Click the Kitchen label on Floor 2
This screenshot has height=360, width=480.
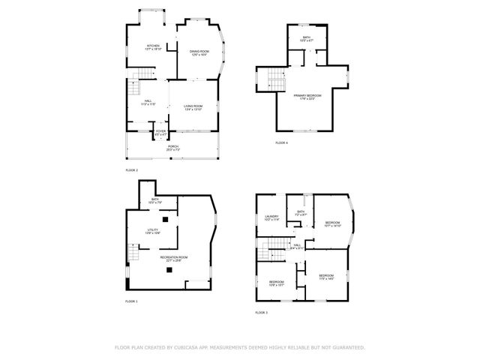tap(153, 47)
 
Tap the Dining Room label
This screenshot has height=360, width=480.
tap(199, 52)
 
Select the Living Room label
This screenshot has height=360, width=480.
tap(193, 107)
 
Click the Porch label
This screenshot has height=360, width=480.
tap(172, 148)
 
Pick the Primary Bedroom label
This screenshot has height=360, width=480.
tap(307, 97)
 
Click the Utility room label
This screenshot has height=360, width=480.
tap(152, 232)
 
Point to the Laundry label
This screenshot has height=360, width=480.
tap(271, 217)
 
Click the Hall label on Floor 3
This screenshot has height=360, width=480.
tap(297, 246)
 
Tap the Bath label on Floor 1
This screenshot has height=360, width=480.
tap(154, 201)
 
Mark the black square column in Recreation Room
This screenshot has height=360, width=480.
tap(170, 270)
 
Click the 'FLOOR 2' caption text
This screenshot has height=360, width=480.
tap(132, 170)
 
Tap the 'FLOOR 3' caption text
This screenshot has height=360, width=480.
tap(261, 312)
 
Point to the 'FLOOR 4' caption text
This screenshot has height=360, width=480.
tap(281, 142)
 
